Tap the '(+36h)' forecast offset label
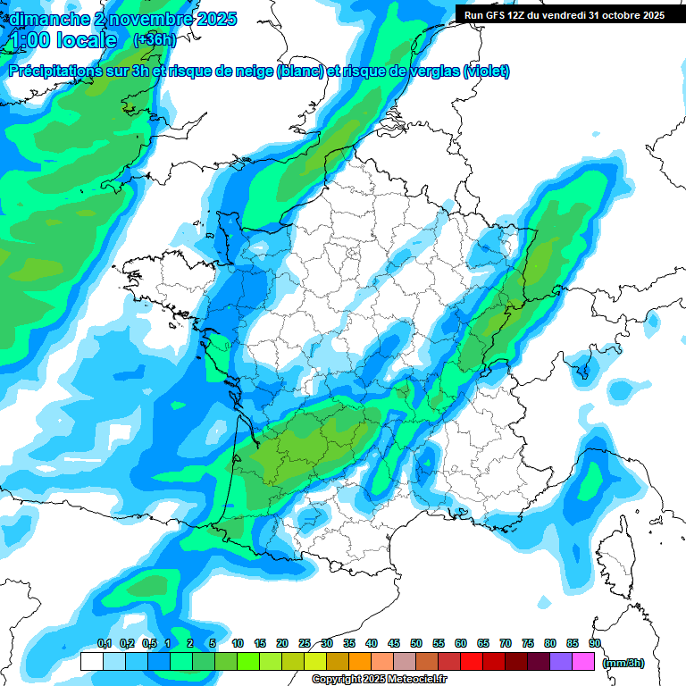155,40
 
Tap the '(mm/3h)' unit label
623,662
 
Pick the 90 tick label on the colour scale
594,643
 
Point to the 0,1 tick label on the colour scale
104,643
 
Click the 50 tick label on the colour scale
416,643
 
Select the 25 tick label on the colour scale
305,643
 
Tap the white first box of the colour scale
92,662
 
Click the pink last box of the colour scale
583,662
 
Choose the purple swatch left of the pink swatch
561,662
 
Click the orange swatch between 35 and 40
360,662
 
